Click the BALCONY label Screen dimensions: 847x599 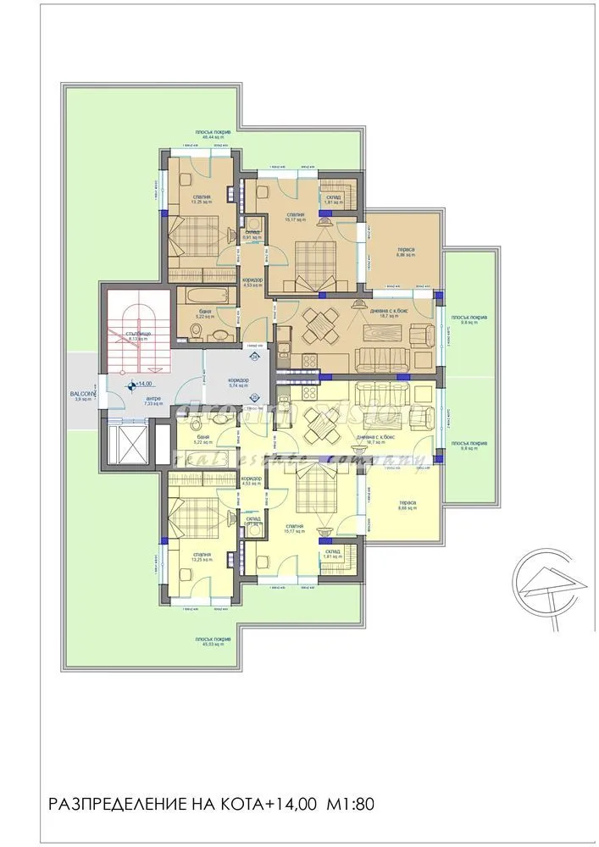tap(84, 394)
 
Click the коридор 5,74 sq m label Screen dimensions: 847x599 tap(238, 383)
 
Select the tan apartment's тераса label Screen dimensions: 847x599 tap(404, 252)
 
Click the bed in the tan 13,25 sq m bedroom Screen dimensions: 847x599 tap(196, 235)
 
